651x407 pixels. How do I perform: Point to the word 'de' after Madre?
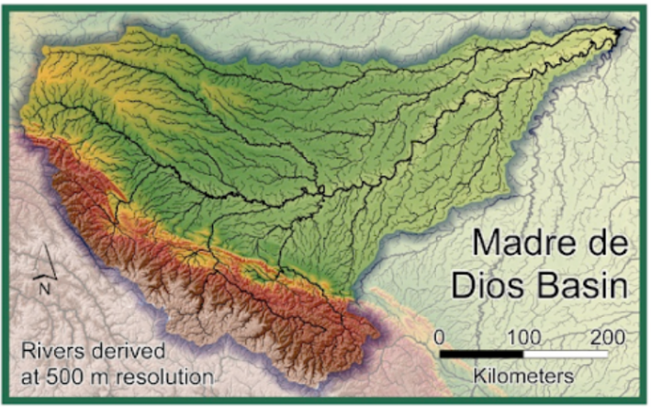[x=607, y=245]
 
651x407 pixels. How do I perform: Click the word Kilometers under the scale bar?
[x=523, y=375]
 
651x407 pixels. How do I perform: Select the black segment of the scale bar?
[x=481, y=353]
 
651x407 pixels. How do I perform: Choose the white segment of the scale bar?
[x=566, y=353]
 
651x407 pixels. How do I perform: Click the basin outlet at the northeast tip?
[x=620, y=30]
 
